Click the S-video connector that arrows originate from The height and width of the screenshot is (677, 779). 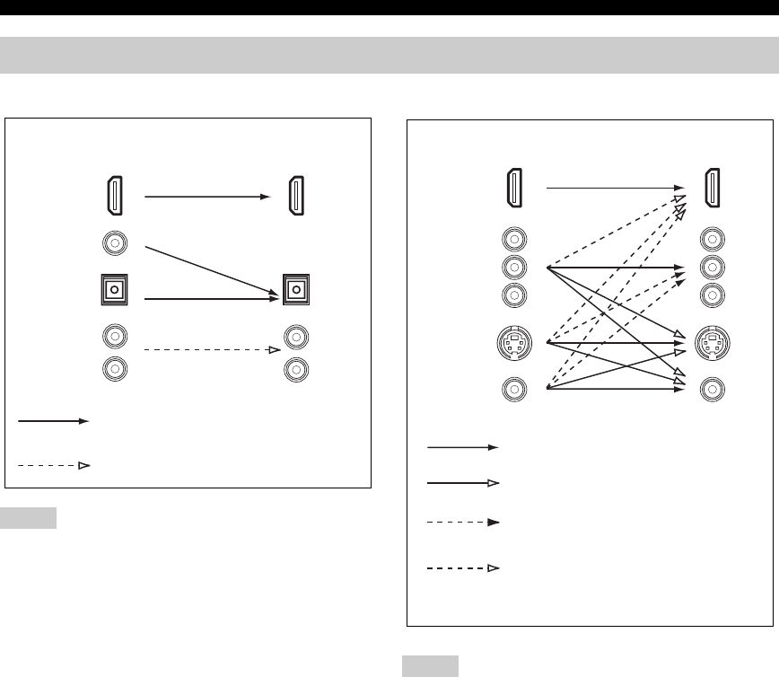512,342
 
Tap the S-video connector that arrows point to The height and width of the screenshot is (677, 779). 711,342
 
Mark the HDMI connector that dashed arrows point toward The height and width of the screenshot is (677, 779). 711,188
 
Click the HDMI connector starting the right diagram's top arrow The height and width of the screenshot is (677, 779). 512,188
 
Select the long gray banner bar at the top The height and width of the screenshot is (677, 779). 389,56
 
